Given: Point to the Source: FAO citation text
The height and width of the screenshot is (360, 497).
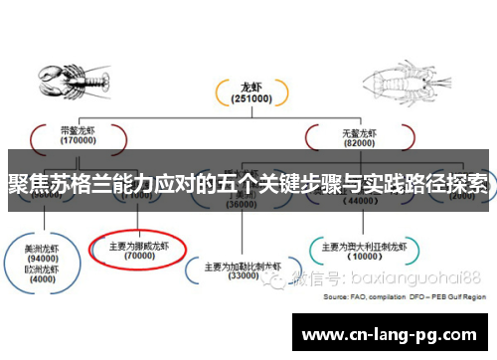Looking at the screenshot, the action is click(x=405, y=296).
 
